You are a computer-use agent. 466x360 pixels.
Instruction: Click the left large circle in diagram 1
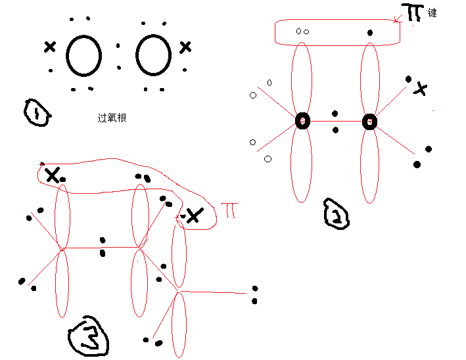click(x=83, y=55)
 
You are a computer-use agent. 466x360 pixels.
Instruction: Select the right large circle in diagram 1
click(x=153, y=54)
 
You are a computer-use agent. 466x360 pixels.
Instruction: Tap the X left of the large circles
click(x=50, y=47)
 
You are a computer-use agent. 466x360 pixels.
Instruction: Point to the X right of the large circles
click(x=185, y=47)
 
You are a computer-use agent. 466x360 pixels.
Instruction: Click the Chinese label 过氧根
click(x=112, y=118)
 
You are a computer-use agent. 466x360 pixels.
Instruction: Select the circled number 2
click(x=336, y=214)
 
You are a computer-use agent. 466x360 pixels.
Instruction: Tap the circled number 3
click(x=89, y=337)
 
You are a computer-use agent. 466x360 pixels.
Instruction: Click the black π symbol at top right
click(x=414, y=12)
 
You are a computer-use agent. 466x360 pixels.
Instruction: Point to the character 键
click(x=432, y=12)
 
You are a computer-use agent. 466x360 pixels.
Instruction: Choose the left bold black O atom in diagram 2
click(x=302, y=121)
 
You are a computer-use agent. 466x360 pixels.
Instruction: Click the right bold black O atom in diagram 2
click(x=369, y=122)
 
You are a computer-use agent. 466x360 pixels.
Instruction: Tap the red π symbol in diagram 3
click(x=230, y=210)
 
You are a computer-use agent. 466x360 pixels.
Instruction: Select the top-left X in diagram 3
click(x=52, y=175)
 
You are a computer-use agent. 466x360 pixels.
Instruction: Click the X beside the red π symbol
click(x=193, y=215)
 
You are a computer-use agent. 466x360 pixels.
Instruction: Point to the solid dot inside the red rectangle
click(x=370, y=33)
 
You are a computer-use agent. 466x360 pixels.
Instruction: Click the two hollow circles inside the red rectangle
click(x=302, y=31)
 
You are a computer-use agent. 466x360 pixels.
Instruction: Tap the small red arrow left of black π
click(x=396, y=20)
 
